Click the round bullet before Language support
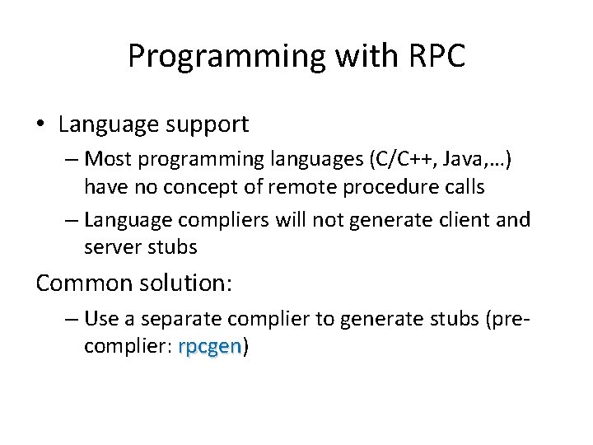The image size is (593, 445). pos(40,125)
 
